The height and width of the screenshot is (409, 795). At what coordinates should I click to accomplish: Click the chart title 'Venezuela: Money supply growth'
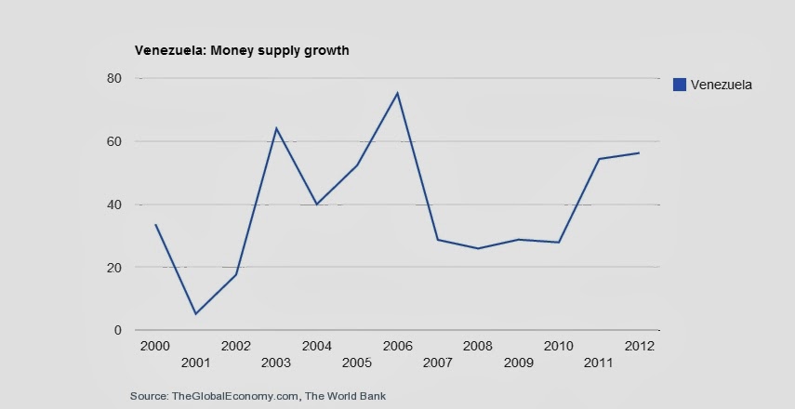(242, 50)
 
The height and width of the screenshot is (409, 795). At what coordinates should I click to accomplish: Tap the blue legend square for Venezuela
(679, 85)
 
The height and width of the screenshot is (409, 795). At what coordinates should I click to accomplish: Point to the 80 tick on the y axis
(113, 79)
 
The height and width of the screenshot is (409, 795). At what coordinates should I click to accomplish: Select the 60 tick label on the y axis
(113, 141)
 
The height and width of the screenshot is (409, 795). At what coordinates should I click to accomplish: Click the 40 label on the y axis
(113, 204)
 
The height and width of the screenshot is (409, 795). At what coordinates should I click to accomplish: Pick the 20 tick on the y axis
(113, 268)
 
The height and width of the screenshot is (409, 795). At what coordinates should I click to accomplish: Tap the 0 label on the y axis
(117, 330)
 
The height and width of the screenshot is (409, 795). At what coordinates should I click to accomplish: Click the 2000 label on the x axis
(154, 346)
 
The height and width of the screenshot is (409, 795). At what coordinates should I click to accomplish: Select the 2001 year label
(195, 363)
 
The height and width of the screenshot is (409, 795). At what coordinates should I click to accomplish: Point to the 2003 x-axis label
(276, 363)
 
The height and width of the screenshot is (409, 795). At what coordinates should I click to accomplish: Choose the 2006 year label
(397, 346)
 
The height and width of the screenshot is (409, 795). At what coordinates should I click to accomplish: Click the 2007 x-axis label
(438, 363)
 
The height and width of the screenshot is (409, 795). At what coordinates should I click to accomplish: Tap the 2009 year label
(519, 363)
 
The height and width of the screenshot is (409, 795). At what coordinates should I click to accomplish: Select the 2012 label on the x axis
(640, 346)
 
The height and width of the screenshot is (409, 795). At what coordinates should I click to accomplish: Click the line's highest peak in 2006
(397, 93)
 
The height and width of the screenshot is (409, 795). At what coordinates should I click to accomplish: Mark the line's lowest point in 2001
(195, 313)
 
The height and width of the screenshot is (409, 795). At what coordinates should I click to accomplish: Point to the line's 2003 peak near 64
(276, 128)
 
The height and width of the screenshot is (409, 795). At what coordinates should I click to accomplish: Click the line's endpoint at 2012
(640, 152)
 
